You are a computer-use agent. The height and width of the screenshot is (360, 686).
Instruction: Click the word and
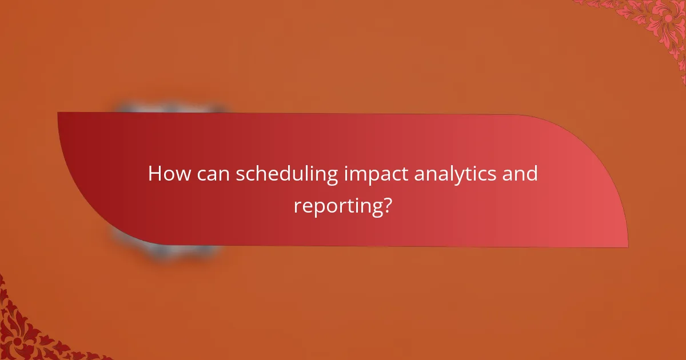[520, 174]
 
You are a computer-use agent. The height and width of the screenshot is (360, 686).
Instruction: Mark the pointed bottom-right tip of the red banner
[627, 247]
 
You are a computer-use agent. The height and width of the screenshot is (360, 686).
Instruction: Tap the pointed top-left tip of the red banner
[58, 113]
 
